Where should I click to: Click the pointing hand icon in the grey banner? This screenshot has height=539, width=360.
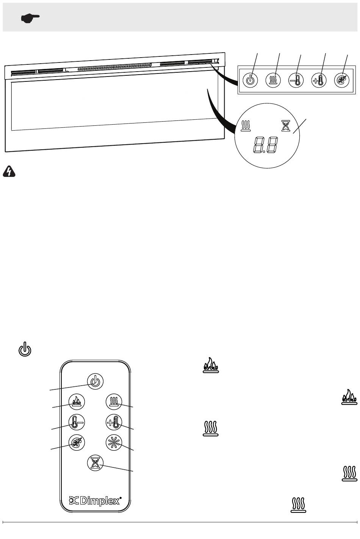click(x=30, y=18)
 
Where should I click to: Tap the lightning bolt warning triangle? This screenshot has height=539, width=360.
click(x=9, y=171)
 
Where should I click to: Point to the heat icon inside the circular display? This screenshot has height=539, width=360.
click(x=246, y=125)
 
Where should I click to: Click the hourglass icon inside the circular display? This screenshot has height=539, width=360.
click(x=286, y=126)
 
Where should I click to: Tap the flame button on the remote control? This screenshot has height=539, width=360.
click(x=77, y=402)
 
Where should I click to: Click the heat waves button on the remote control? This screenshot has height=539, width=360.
click(x=114, y=402)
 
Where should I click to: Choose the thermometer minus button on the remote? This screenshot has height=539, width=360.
click(x=77, y=422)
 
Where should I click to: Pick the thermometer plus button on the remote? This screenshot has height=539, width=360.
click(x=114, y=422)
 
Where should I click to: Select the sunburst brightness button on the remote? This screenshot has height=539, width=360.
click(x=114, y=442)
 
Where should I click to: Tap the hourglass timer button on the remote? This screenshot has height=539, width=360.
click(x=95, y=463)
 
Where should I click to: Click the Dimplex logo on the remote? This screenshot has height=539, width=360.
click(x=95, y=501)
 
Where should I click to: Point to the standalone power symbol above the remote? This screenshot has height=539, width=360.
click(x=25, y=349)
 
